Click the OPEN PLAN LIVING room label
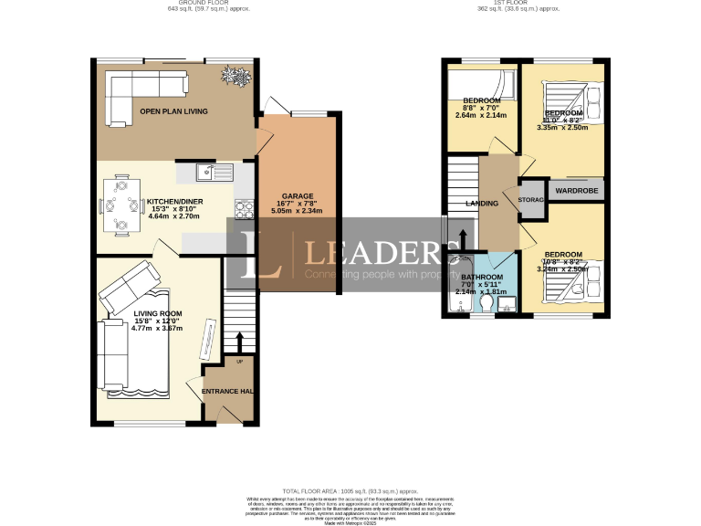(173, 111)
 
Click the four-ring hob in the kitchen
(244, 209)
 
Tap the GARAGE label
(298, 196)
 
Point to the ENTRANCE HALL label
(227, 392)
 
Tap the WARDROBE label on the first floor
(575, 192)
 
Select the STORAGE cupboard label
(530, 199)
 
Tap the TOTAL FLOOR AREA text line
(350, 490)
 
